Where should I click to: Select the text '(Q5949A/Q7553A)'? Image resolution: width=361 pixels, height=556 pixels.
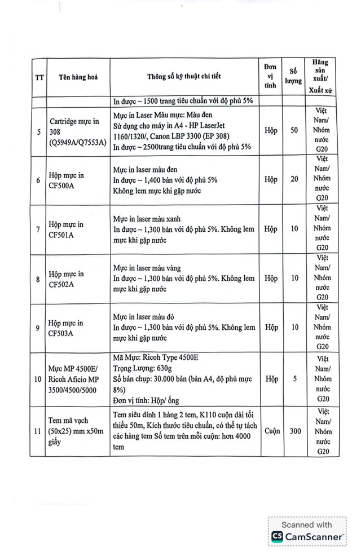(x=78, y=142)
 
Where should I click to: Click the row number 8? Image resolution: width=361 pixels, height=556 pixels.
(x=37, y=279)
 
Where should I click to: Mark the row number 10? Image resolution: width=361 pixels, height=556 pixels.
(x=37, y=379)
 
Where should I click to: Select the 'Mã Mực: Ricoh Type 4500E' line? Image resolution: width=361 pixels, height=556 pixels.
(x=156, y=358)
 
